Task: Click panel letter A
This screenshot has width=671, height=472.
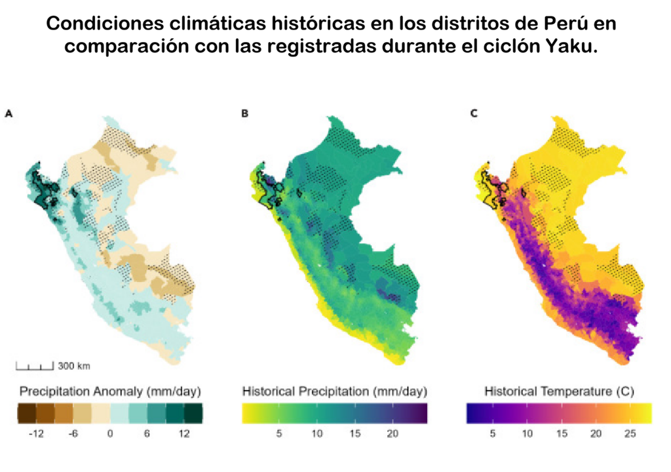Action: pos(9,113)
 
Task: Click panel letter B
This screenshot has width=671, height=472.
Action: pos(244,113)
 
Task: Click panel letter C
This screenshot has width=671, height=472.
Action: pos(474,113)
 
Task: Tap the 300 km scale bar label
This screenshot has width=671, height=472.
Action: pos(74,365)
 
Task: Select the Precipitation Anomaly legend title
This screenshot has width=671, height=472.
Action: pos(110,391)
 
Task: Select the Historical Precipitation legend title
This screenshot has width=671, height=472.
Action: pos(334,391)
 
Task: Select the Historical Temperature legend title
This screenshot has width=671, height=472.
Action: pos(559,391)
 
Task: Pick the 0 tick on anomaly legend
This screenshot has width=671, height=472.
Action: pos(110,434)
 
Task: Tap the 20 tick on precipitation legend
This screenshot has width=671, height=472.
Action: pos(392,434)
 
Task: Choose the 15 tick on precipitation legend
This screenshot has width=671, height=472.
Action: pos(355,434)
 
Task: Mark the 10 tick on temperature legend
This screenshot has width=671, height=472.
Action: pos(526,434)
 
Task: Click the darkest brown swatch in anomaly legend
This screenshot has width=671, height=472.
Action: pos(26,413)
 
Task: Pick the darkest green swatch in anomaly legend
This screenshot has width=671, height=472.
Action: pos(193,413)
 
